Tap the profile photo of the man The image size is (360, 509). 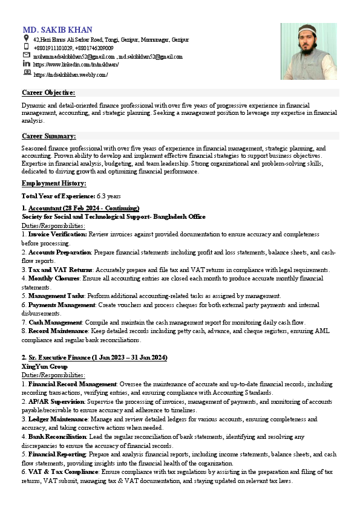click(309, 51)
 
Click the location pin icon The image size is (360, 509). click(26, 38)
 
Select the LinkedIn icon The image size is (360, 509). click(26, 63)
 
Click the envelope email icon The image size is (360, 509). click(26, 55)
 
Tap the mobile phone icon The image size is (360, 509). click(26, 47)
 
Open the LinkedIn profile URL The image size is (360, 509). click(76, 64)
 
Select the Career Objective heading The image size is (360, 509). click(48, 92)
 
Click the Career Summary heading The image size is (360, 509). click(48, 136)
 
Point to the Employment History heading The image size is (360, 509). click(54, 183)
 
